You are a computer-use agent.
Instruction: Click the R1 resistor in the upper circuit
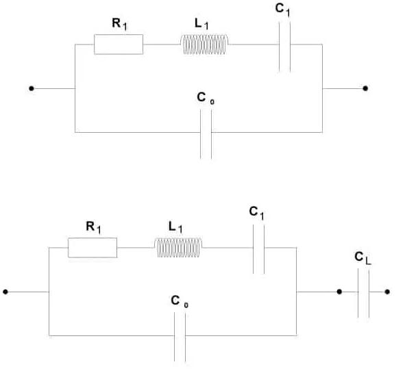coord(119,45)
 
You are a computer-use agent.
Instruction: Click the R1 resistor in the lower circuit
coord(93,248)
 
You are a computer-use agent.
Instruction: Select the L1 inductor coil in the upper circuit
coord(205,45)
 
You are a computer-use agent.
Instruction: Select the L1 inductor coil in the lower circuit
coord(179,248)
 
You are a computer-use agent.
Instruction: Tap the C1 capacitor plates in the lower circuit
coord(258,248)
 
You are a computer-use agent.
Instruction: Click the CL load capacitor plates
coord(363,292)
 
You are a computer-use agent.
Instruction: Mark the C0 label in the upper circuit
coord(202,98)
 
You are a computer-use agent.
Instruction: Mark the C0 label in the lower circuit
coord(177,300)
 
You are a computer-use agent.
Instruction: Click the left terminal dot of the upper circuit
coord(31,88)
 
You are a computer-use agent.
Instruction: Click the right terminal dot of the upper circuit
coord(366,88)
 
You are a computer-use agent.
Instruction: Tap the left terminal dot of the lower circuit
coord(5,292)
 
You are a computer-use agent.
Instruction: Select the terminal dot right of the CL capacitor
coord(388,292)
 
